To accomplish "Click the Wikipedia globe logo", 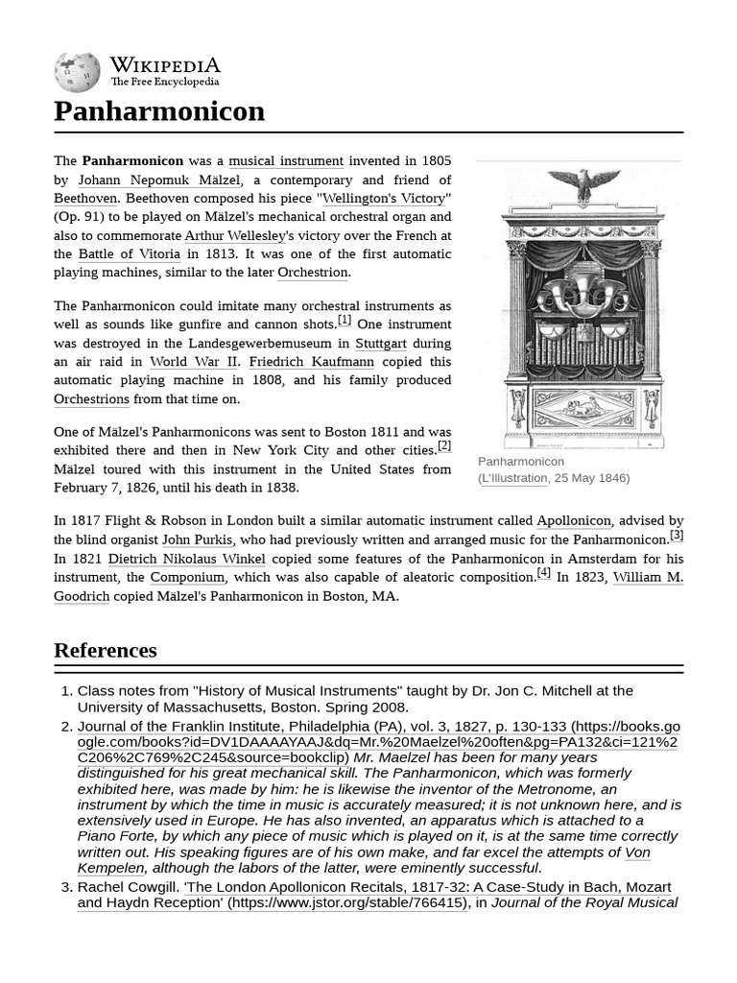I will [77, 73].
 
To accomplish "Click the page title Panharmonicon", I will [159, 111].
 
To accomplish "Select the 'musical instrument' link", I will [285, 161].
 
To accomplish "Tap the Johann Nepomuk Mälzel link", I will [159, 180].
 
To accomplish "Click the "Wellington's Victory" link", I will [383, 199].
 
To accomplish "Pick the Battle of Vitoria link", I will [129, 254].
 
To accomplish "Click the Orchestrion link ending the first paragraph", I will [312, 273].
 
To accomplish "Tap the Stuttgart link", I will [381, 344].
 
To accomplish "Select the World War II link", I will [193, 362].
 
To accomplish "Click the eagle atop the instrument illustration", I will [583, 185].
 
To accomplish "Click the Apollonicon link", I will [573, 521].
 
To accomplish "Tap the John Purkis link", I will [197, 539].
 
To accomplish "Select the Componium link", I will [187, 577].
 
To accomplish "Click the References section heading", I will [106, 650].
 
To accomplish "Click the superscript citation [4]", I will [543, 573].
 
